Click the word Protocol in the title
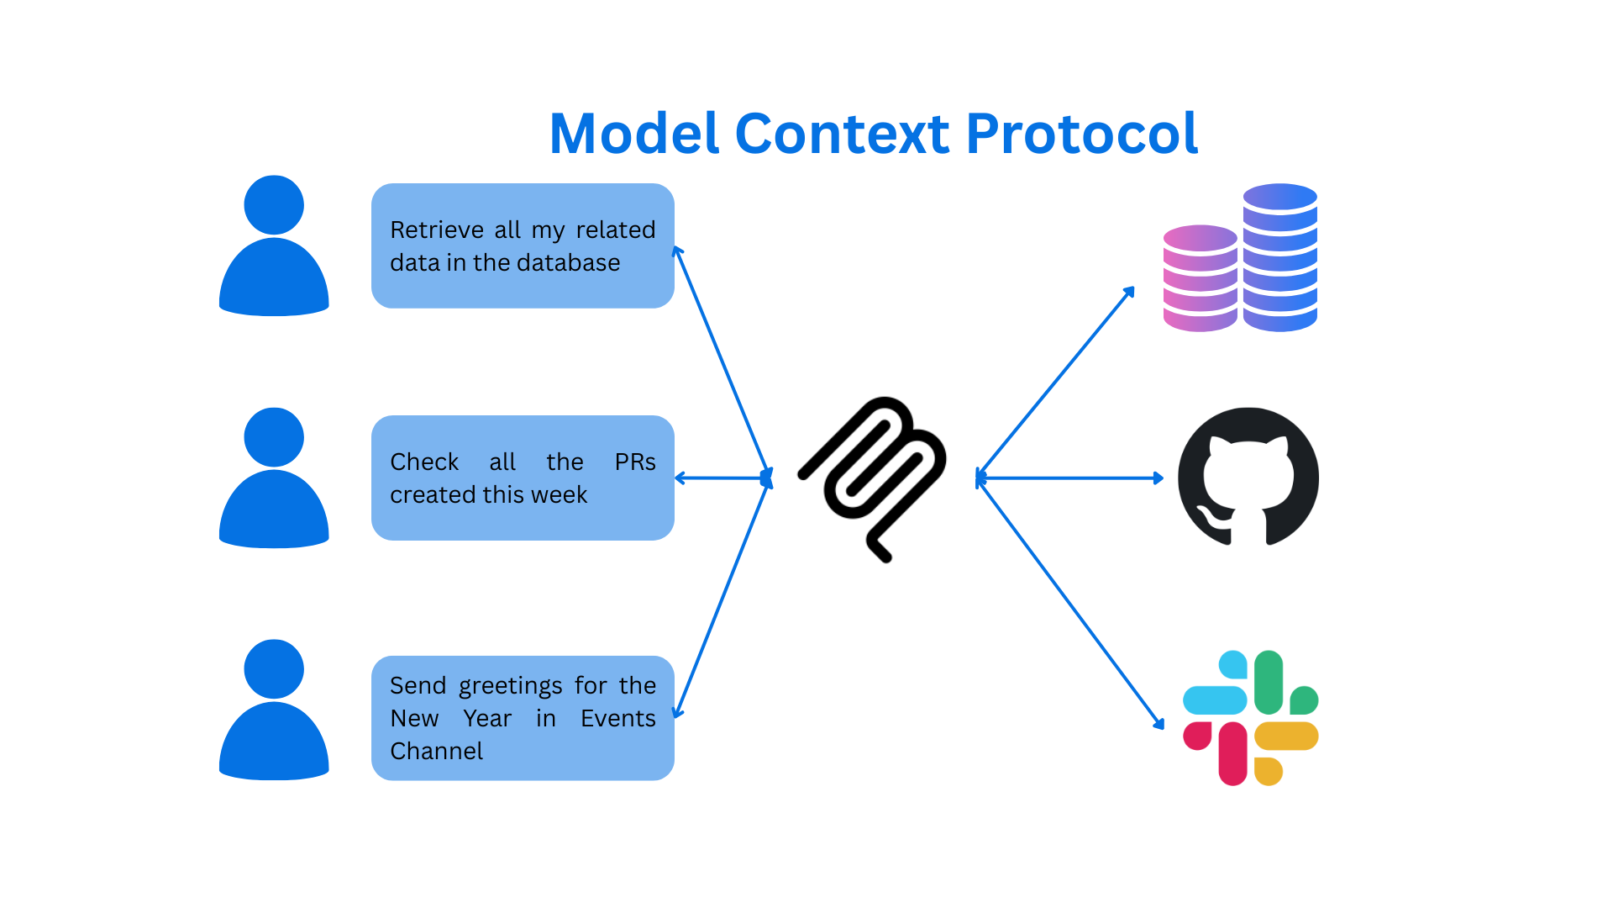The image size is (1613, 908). [1081, 134]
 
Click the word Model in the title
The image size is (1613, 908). [635, 134]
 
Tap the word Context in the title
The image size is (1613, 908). [843, 134]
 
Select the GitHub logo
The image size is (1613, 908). [1248, 477]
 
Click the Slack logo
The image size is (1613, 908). [1250, 717]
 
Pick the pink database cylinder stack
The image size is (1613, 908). [1200, 278]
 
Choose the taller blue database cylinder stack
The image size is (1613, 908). [1280, 257]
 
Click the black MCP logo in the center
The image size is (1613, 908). [872, 478]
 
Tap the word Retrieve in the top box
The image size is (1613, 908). [437, 230]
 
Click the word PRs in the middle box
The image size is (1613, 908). [635, 462]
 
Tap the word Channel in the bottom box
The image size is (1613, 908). [436, 751]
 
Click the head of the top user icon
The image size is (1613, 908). [274, 205]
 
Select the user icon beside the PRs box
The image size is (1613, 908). [274, 478]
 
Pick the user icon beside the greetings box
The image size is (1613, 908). [274, 710]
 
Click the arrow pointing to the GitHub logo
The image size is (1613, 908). [1069, 478]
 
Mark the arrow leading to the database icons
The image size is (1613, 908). [1055, 383]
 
